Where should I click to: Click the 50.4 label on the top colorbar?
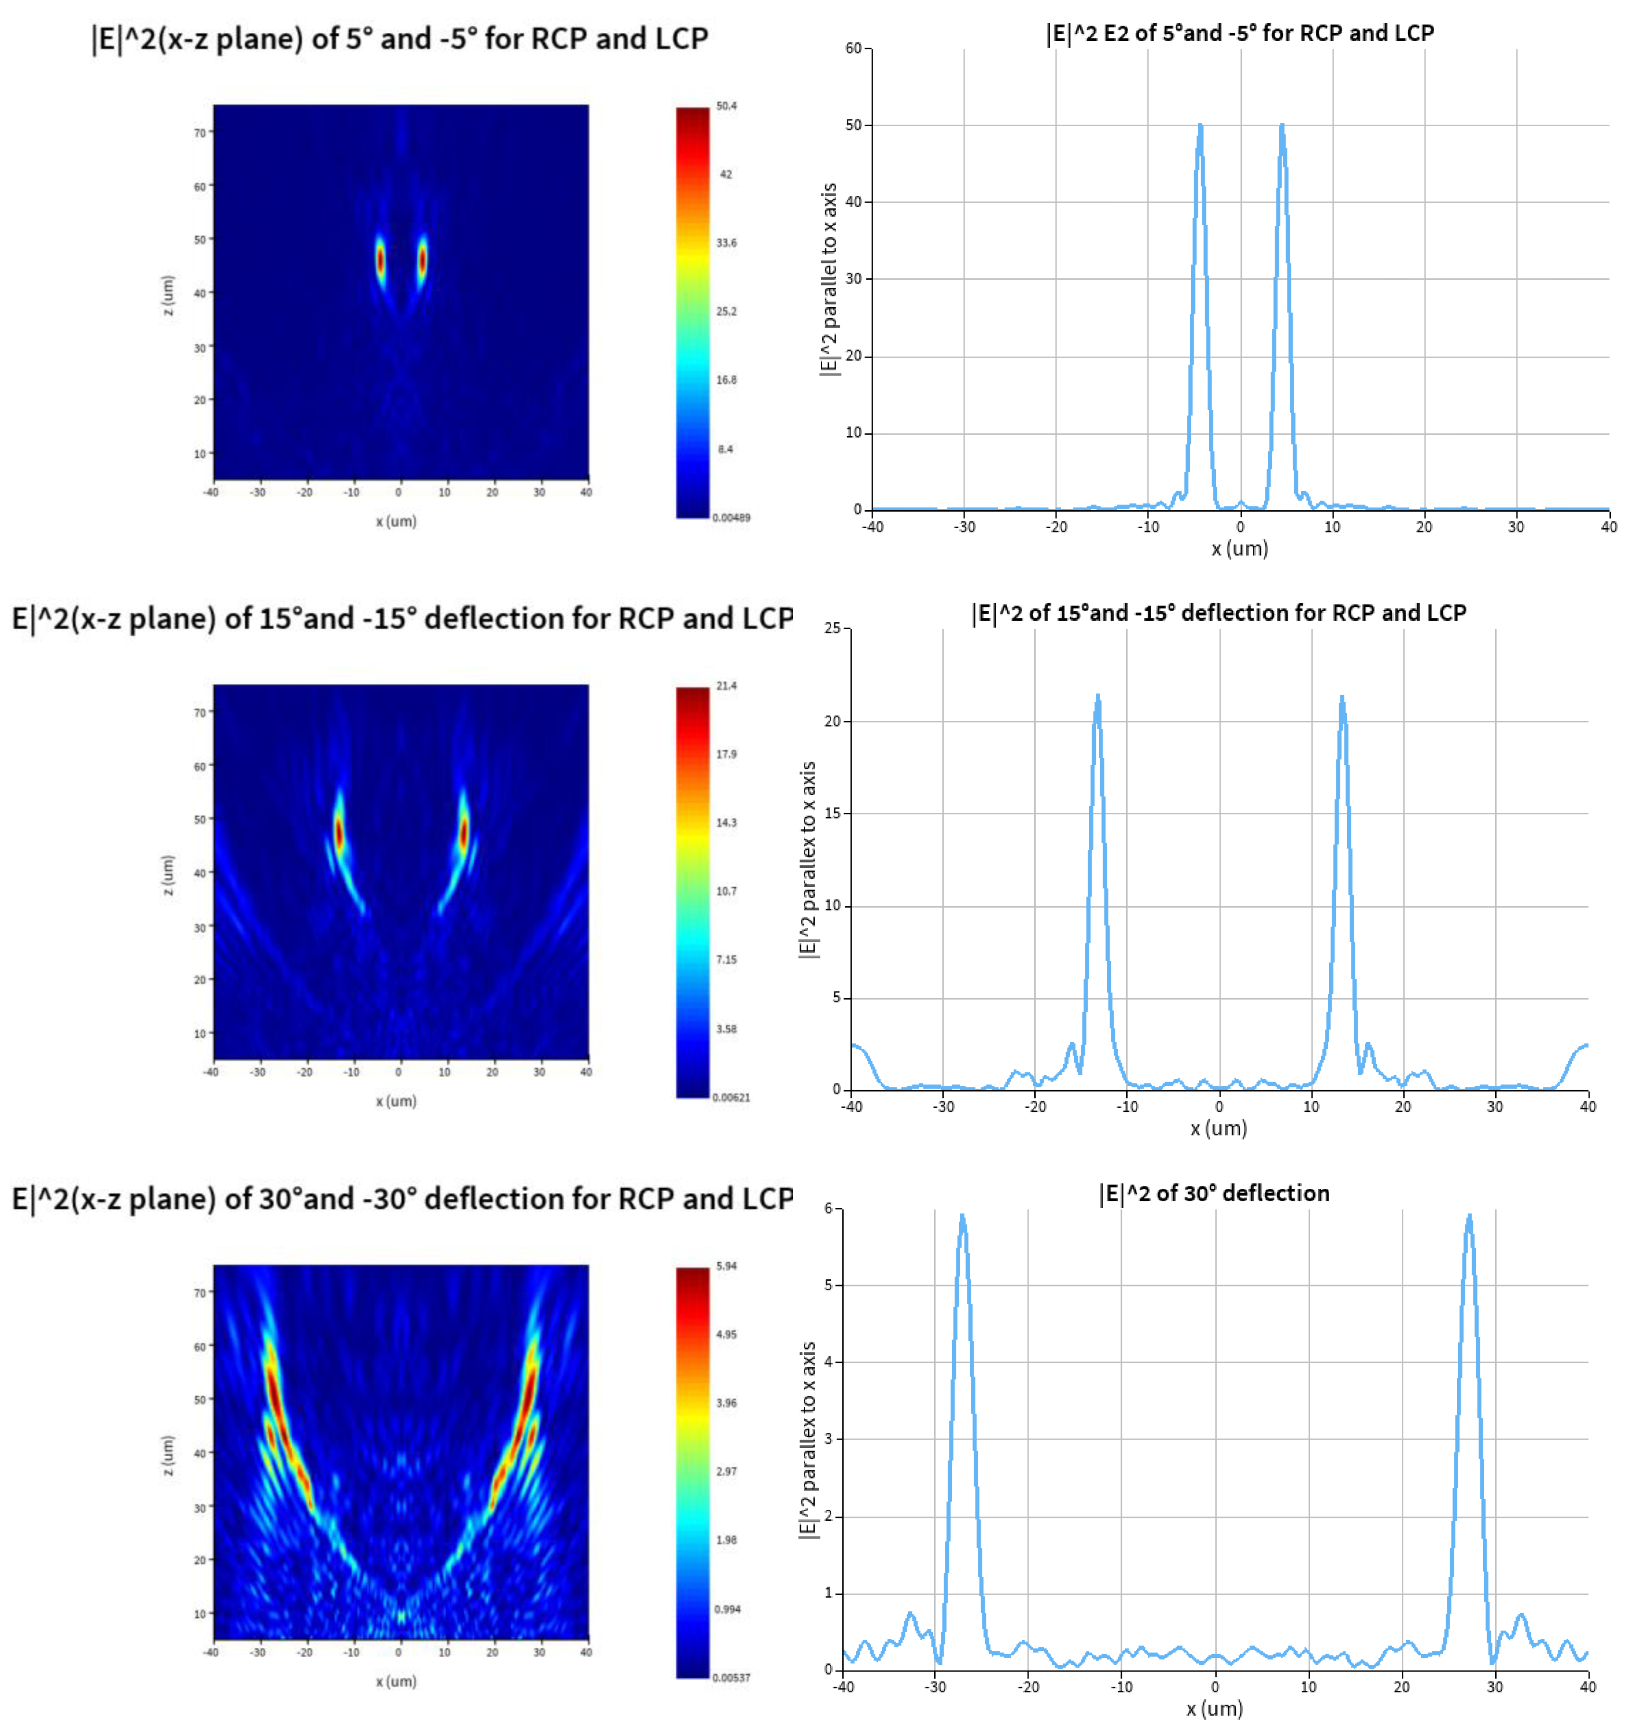[x=726, y=106]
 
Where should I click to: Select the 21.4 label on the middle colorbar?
[x=726, y=686]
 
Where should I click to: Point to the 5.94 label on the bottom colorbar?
[x=726, y=1265]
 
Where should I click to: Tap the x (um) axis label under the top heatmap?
[x=395, y=521]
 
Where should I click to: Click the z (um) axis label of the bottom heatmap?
[x=168, y=1456]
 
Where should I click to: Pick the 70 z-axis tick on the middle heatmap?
[x=200, y=713]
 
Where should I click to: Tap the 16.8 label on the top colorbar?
[x=726, y=380]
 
